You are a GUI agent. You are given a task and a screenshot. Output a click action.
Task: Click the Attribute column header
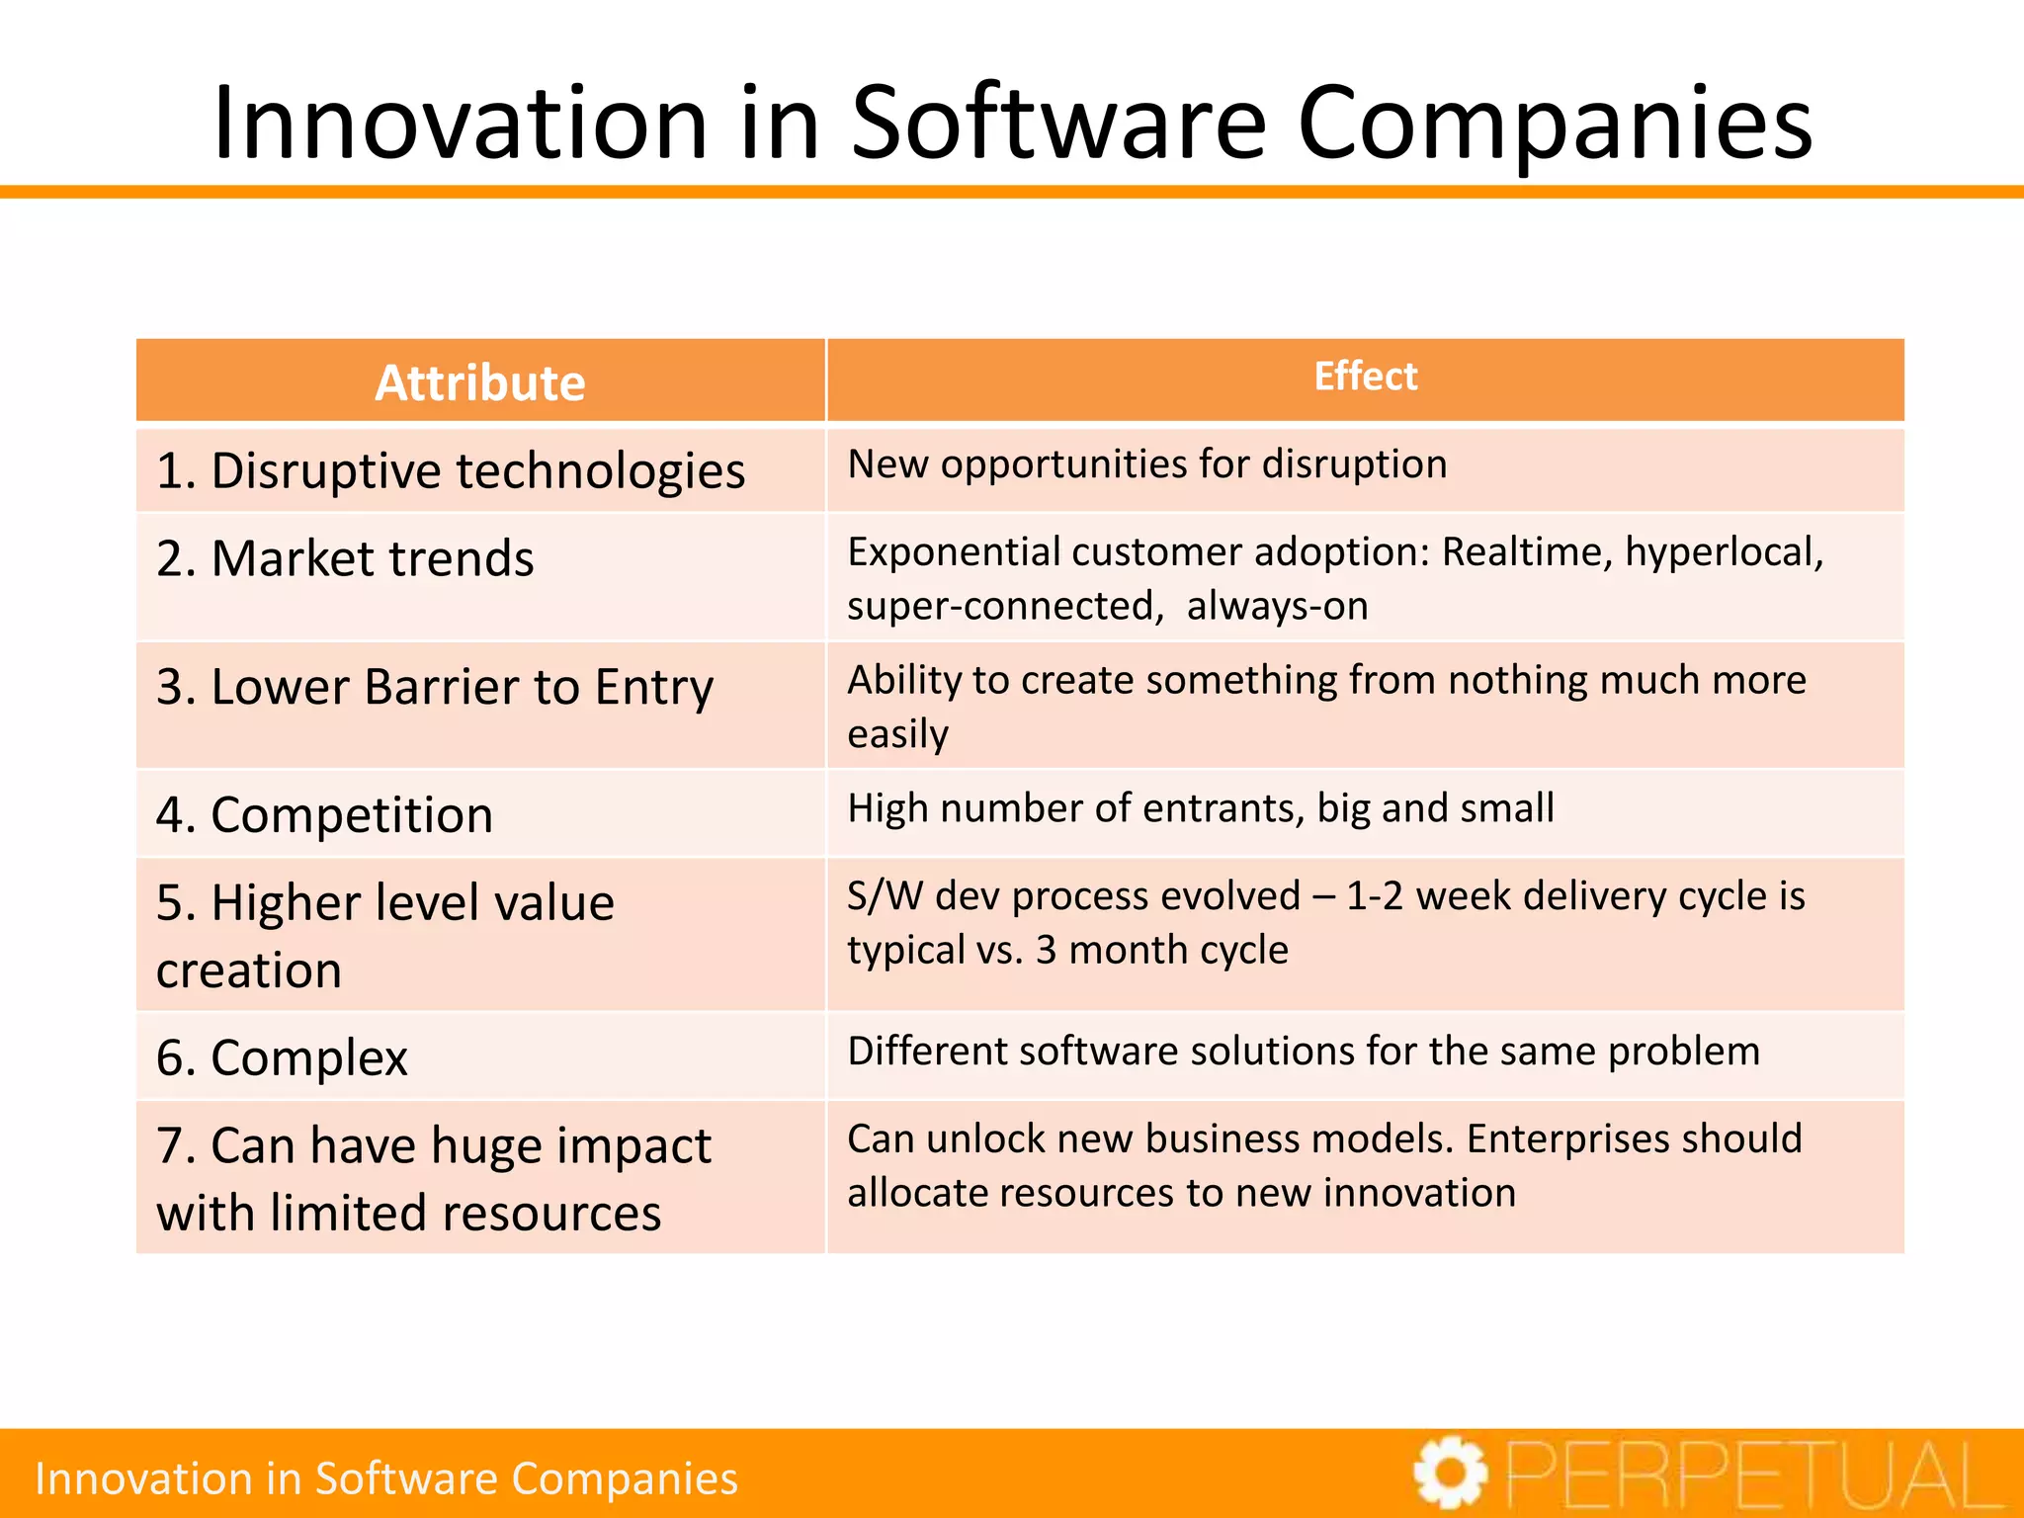(x=480, y=382)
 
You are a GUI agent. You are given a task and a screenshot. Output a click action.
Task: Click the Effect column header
(x=1365, y=377)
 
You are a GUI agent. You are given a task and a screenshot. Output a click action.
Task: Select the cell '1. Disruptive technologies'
(x=451, y=470)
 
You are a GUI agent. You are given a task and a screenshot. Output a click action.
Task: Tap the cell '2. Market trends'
(x=345, y=558)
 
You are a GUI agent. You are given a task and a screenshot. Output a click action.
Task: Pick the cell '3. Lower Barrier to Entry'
(x=435, y=687)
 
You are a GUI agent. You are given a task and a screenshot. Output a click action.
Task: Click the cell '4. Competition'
(x=324, y=815)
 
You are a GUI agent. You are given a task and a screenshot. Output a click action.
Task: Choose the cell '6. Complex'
(x=282, y=1057)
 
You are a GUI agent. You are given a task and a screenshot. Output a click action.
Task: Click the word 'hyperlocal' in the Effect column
(x=1723, y=552)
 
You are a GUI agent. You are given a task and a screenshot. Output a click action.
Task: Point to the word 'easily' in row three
(x=897, y=734)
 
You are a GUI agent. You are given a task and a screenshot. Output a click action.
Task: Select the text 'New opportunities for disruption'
(x=1146, y=464)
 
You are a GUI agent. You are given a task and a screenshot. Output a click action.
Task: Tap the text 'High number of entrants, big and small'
(x=1200, y=808)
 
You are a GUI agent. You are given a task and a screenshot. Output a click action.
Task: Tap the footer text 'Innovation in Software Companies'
(x=386, y=1478)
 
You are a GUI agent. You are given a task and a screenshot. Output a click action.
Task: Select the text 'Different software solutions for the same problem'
(x=1304, y=1051)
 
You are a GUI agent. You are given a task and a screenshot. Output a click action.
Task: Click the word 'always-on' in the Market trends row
(x=1277, y=606)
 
